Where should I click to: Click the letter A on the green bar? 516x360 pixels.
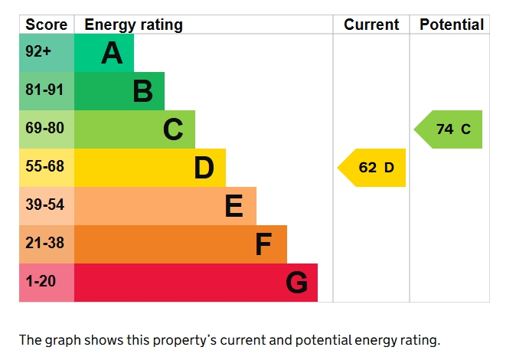pos(112,54)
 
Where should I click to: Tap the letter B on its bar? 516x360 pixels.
pos(142,92)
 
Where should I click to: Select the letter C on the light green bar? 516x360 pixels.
pos(173,130)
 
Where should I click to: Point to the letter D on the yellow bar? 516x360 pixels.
pos(204,169)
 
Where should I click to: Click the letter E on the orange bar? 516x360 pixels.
pos(234,206)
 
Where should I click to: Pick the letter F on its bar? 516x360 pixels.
pos(263,244)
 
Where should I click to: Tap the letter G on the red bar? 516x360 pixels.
pos(296,283)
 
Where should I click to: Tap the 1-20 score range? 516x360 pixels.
pos(41,282)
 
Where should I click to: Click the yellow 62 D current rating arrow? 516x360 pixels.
pos(374,168)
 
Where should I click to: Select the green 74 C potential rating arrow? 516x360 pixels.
pos(451,129)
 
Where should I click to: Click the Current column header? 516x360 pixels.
pos(371,25)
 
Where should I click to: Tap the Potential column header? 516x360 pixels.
pos(452,25)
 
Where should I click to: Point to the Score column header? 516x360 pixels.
pos(47,25)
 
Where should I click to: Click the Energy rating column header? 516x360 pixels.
pos(133,25)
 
